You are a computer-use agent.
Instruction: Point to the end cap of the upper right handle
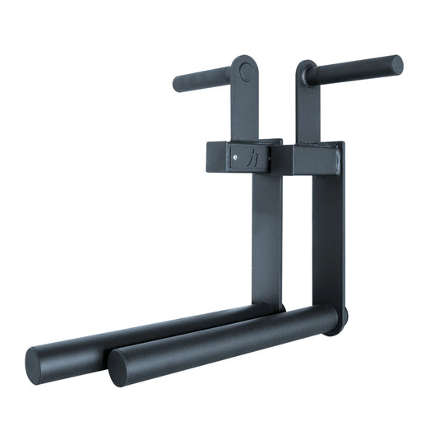(x=397, y=64)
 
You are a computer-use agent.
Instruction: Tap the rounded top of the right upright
(x=305, y=67)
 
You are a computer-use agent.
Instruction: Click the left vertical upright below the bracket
(x=267, y=238)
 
